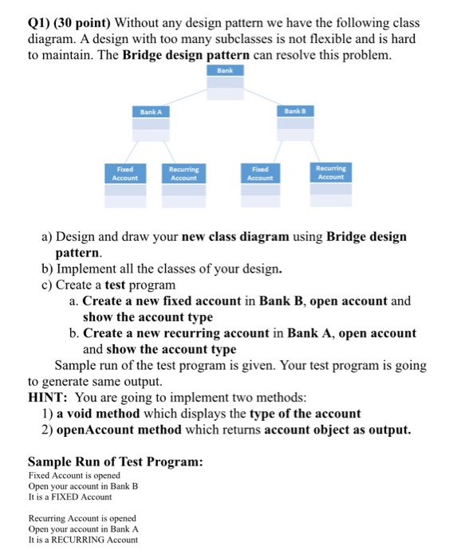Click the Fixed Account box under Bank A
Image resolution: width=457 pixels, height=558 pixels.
pyautogui.click(x=125, y=183)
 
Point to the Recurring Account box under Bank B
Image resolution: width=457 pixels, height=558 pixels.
pyautogui.click(x=331, y=183)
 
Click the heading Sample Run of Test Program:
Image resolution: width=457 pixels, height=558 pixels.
pyautogui.click(x=115, y=462)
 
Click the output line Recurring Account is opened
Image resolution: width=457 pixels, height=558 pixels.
pyautogui.click(x=82, y=517)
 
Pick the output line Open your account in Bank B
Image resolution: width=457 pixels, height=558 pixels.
pyautogui.click(x=83, y=486)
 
